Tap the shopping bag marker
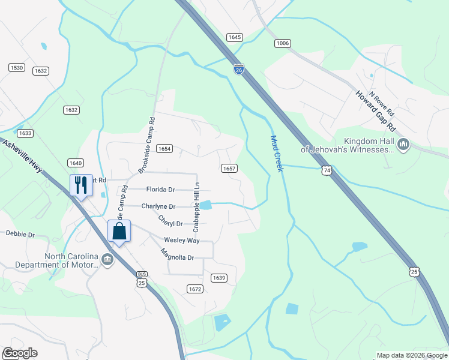coord(119,231)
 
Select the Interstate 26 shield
coord(239,70)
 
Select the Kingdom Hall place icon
coord(403,145)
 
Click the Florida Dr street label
coord(160,190)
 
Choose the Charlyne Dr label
coord(158,206)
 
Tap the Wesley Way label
coord(182,241)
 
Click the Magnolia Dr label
coord(178,257)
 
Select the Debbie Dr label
coord(20,234)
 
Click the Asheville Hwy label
coord(23,155)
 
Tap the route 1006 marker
coord(282,43)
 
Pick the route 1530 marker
coord(16,68)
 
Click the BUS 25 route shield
coord(142,280)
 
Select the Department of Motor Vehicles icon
coord(107,260)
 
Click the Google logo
coord(20,353)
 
